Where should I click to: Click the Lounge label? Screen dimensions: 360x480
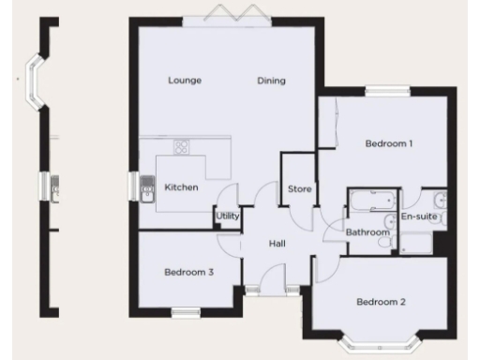[x=185, y=80]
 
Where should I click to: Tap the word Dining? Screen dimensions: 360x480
[x=271, y=80]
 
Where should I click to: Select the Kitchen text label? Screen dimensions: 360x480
[x=181, y=187]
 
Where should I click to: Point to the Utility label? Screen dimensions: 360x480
[x=227, y=216]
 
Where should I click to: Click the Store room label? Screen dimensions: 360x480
[x=299, y=189]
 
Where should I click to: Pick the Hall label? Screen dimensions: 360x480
[x=277, y=244]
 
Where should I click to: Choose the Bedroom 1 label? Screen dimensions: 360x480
[x=389, y=143]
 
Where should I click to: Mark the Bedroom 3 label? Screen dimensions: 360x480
[x=189, y=273]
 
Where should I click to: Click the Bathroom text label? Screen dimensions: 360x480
[x=367, y=232]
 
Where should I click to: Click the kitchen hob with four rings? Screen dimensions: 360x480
[x=182, y=147]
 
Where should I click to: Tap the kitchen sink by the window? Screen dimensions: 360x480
[x=148, y=191]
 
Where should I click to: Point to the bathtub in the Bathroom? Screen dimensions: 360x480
[x=371, y=200]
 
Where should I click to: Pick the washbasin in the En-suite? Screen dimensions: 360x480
[x=439, y=199]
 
